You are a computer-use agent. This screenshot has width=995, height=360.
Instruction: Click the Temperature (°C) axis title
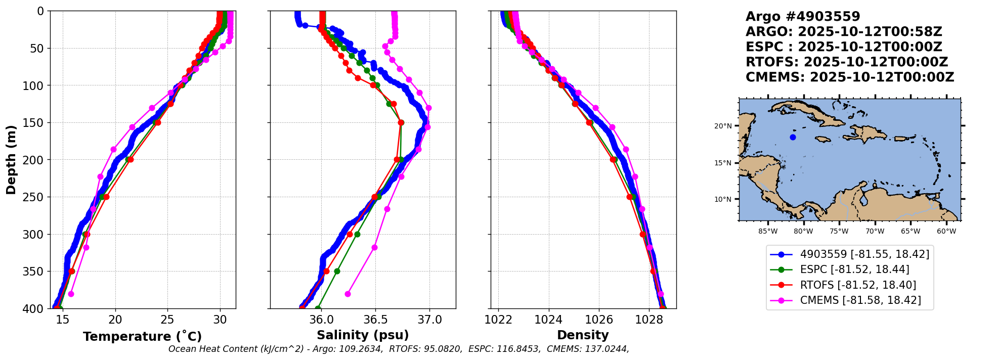click(142, 336)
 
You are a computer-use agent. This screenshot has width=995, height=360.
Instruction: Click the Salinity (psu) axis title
click(363, 335)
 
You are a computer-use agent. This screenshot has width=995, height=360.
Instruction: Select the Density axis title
click(583, 335)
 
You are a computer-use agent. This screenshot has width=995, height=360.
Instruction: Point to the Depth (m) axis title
click(11, 159)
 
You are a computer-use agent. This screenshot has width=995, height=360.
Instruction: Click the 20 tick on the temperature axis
click(115, 320)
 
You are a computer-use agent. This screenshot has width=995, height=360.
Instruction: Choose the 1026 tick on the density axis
click(599, 320)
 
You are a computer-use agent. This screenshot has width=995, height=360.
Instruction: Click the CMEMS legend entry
click(860, 300)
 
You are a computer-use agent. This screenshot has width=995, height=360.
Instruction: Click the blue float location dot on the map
click(793, 137)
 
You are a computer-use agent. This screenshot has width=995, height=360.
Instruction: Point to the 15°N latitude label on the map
click(723, 163)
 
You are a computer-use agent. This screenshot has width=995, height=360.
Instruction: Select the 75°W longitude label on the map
click(839, 232)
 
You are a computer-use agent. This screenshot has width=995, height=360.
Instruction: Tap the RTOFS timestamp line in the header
click(846, 62)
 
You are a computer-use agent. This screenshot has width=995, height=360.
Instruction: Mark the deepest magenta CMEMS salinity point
click(348, 294)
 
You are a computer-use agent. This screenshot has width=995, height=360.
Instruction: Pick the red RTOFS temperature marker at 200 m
click(131, 160)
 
